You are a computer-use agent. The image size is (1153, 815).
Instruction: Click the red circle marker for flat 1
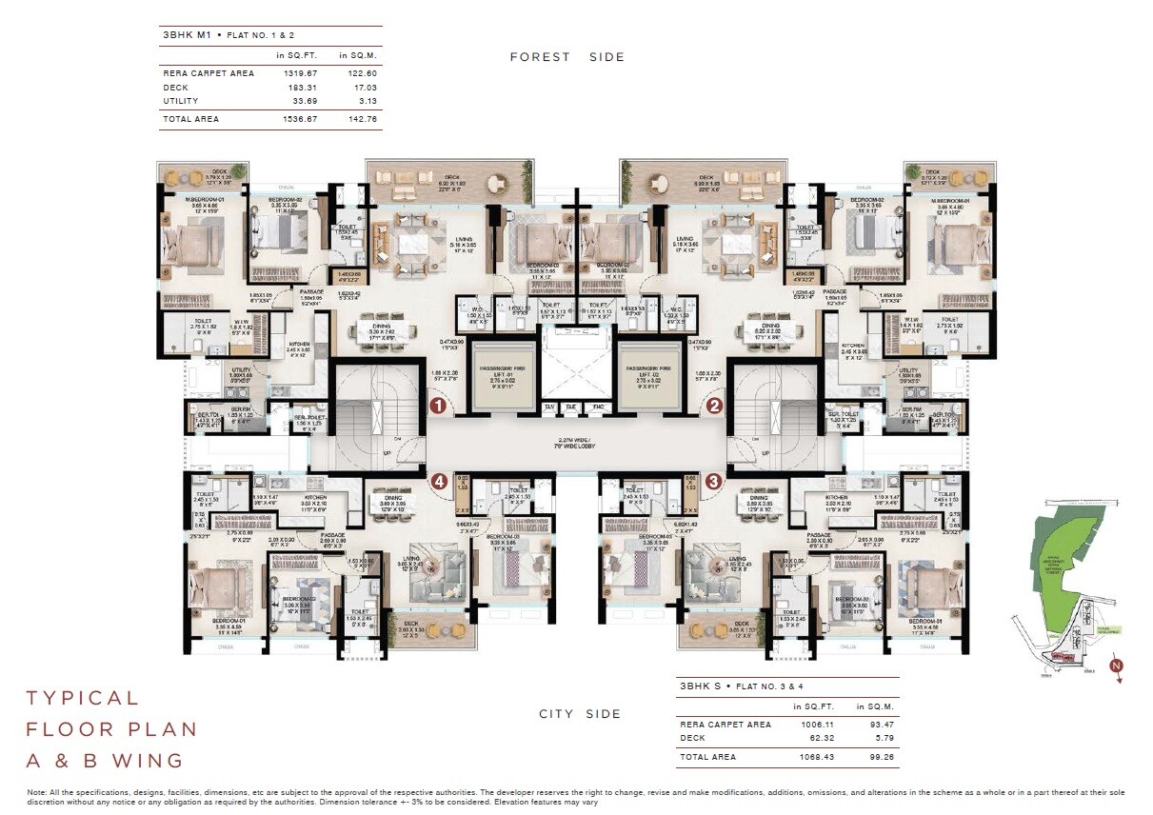tap(438, 406)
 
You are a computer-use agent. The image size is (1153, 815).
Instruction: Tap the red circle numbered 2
tap(714, 406)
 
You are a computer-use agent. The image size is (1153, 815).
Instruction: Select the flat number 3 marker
tap(714, 481)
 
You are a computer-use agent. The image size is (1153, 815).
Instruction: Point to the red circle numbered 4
tap(439, 481)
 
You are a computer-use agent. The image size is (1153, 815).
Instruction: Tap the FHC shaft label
tap(597, 407)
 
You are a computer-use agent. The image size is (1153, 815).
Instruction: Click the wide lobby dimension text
tap(576, 443)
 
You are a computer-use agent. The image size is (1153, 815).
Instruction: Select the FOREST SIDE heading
tap(567, 57)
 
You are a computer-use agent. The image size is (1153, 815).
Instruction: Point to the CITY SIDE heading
tap(580, 714)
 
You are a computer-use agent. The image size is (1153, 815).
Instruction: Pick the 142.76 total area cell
tap(357, 119)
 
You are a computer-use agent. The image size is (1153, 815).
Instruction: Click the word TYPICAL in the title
tap(83, 698)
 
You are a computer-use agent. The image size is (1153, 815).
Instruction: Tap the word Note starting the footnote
tap(36, 792)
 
